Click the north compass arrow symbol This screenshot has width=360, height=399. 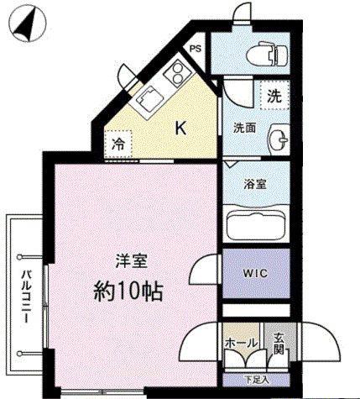coord(27,26)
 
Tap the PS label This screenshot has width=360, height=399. coord(196,49)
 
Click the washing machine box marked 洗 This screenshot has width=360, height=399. coord(274,96)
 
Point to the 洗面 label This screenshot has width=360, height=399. coord(245,129)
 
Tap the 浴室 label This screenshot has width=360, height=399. coord(255,184)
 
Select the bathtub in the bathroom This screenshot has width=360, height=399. coord(256,225)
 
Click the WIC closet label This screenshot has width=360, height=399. coord(255,273)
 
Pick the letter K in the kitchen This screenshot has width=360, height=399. coord(180,129)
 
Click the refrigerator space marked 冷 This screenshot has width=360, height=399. coord(118,144)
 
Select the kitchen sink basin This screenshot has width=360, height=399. coord(147,97)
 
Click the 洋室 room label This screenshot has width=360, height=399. coord(132,260)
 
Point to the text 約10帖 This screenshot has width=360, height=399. coord(128,291)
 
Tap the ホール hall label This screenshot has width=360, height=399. coord(241,343)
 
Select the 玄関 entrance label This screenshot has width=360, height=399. coord(279,344)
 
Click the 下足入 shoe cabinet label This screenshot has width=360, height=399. coord(258,380)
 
